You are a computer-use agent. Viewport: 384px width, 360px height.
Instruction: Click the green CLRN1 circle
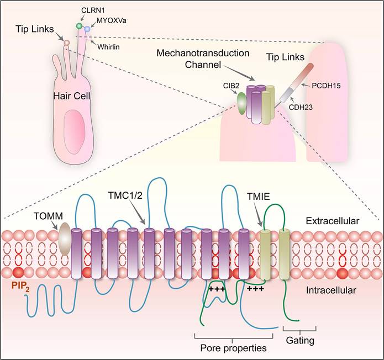pyautogui.click(x=79, y=26)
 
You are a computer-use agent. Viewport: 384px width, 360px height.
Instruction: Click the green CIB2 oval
pyautogui.click(x=241, y=103)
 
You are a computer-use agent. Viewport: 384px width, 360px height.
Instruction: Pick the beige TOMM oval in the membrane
pyautogui.click(x=64, y=239)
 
